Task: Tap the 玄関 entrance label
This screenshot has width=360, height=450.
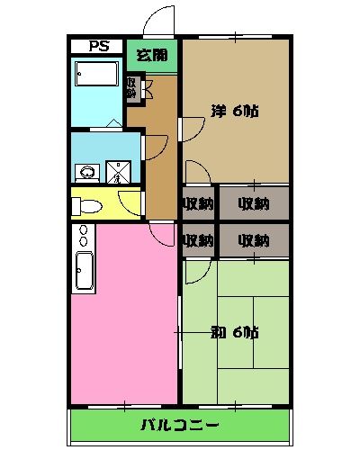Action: (151, 55)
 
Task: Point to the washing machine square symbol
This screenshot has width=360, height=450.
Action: (118, 171)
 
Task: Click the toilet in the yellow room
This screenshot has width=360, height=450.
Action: (88, 205)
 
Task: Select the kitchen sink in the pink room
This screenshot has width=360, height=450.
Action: (84, 273)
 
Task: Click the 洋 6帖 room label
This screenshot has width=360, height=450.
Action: (235, 112)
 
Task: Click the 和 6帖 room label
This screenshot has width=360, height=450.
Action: (235, 332)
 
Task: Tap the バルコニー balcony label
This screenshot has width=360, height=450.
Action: (180, 424)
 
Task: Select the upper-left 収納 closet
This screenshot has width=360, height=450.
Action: (198, 203)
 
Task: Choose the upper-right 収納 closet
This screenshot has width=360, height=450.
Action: (254, 203)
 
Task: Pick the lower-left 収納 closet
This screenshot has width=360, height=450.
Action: (198, 240)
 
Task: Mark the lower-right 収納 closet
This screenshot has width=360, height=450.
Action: (254, 240)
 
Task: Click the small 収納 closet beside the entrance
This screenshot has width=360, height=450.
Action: (132, 87)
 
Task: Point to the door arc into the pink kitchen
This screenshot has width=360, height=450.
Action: (163, 232)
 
